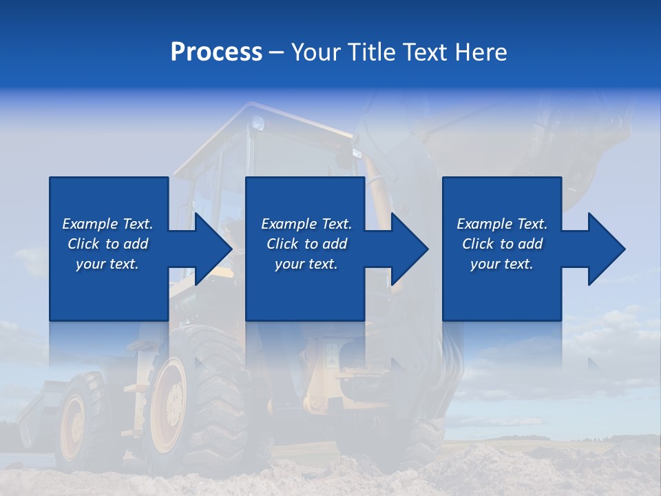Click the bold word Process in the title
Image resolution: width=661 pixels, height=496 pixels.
click(216, 52)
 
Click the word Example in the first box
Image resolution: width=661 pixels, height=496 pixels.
click(90, 224)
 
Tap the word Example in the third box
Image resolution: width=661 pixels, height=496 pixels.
click(485, 224)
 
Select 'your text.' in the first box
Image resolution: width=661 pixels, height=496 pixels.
click(107, 264)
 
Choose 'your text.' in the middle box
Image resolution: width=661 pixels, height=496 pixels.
click(306, 264)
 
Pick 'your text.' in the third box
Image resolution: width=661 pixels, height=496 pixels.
click(502, 264)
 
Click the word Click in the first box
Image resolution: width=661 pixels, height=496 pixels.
click(83, 244)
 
